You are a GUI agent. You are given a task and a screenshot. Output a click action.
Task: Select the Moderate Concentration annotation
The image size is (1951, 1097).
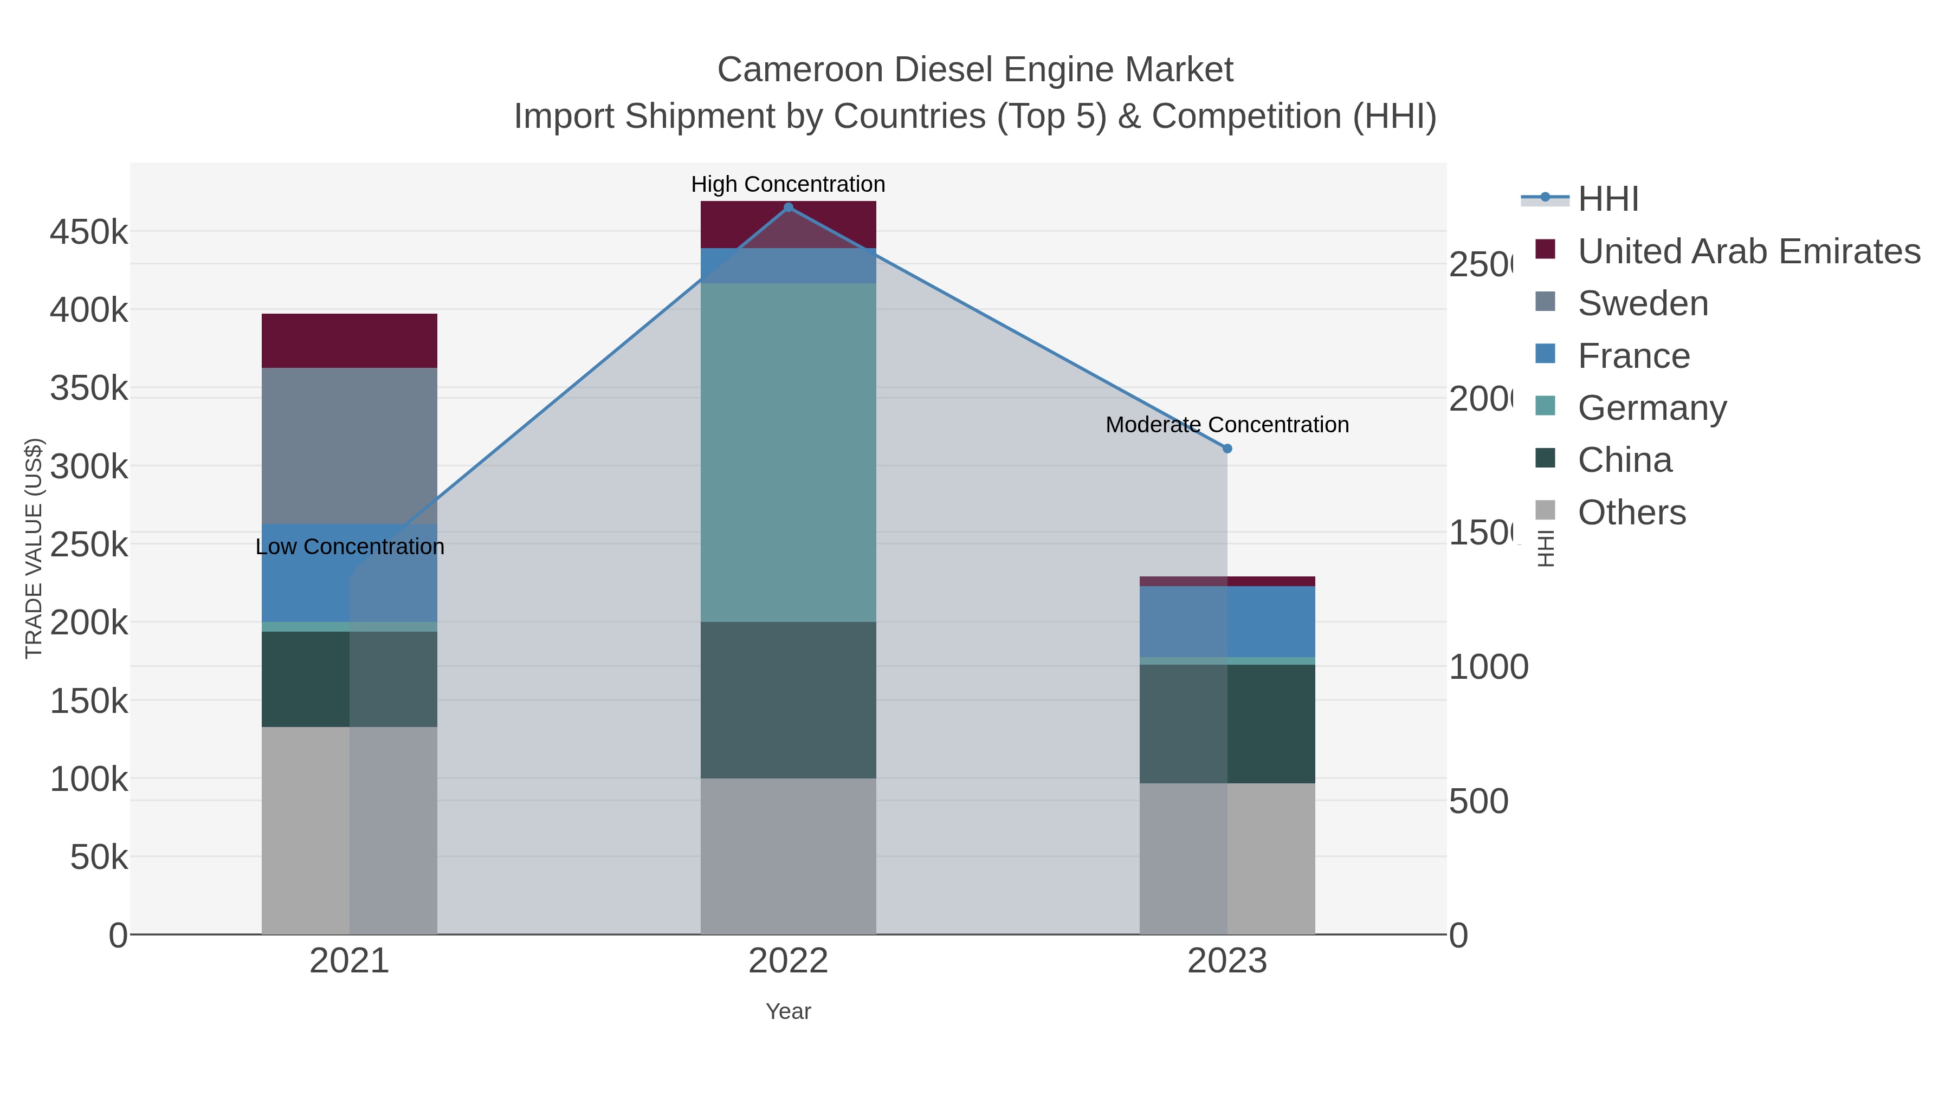pos(1227,425)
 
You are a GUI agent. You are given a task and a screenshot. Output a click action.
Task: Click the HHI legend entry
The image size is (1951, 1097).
pos(1608,199)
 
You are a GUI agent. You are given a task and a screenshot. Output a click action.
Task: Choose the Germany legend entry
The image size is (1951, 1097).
pos(1652,408)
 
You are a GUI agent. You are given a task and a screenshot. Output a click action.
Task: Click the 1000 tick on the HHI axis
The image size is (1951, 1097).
pos(1488,667)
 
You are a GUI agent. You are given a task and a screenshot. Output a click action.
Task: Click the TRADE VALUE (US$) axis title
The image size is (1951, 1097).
pos(33,548)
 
